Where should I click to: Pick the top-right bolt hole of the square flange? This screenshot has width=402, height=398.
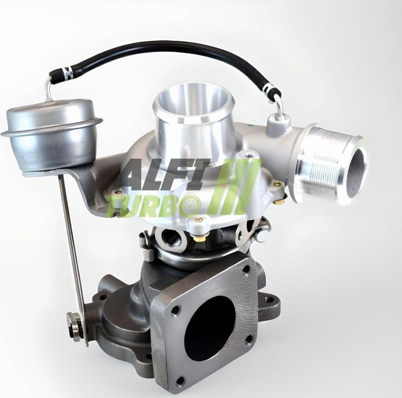(245, 270)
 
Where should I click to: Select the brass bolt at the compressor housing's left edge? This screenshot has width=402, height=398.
(118, 192)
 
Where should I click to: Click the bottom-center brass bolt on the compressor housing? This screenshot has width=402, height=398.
(199, 220)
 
